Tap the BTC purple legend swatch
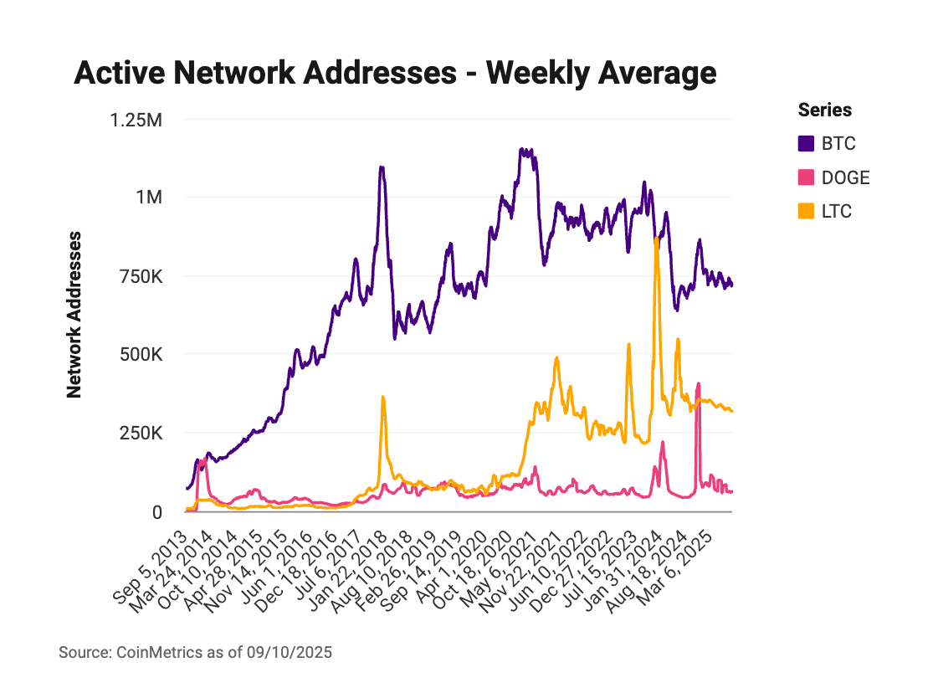coord(807,144)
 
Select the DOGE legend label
coord(845,177)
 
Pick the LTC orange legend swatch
coord(807,211)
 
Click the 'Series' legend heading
coord(825,110)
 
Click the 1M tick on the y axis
coord(149,198)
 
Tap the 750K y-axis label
coord(141,276)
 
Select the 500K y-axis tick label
coord(141,355)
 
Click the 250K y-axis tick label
coord(141,434)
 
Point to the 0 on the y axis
coord(156,511)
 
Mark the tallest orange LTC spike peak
coord(657,239)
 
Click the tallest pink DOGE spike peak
coord(698,385)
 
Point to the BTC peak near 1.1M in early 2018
coord(382,167)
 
